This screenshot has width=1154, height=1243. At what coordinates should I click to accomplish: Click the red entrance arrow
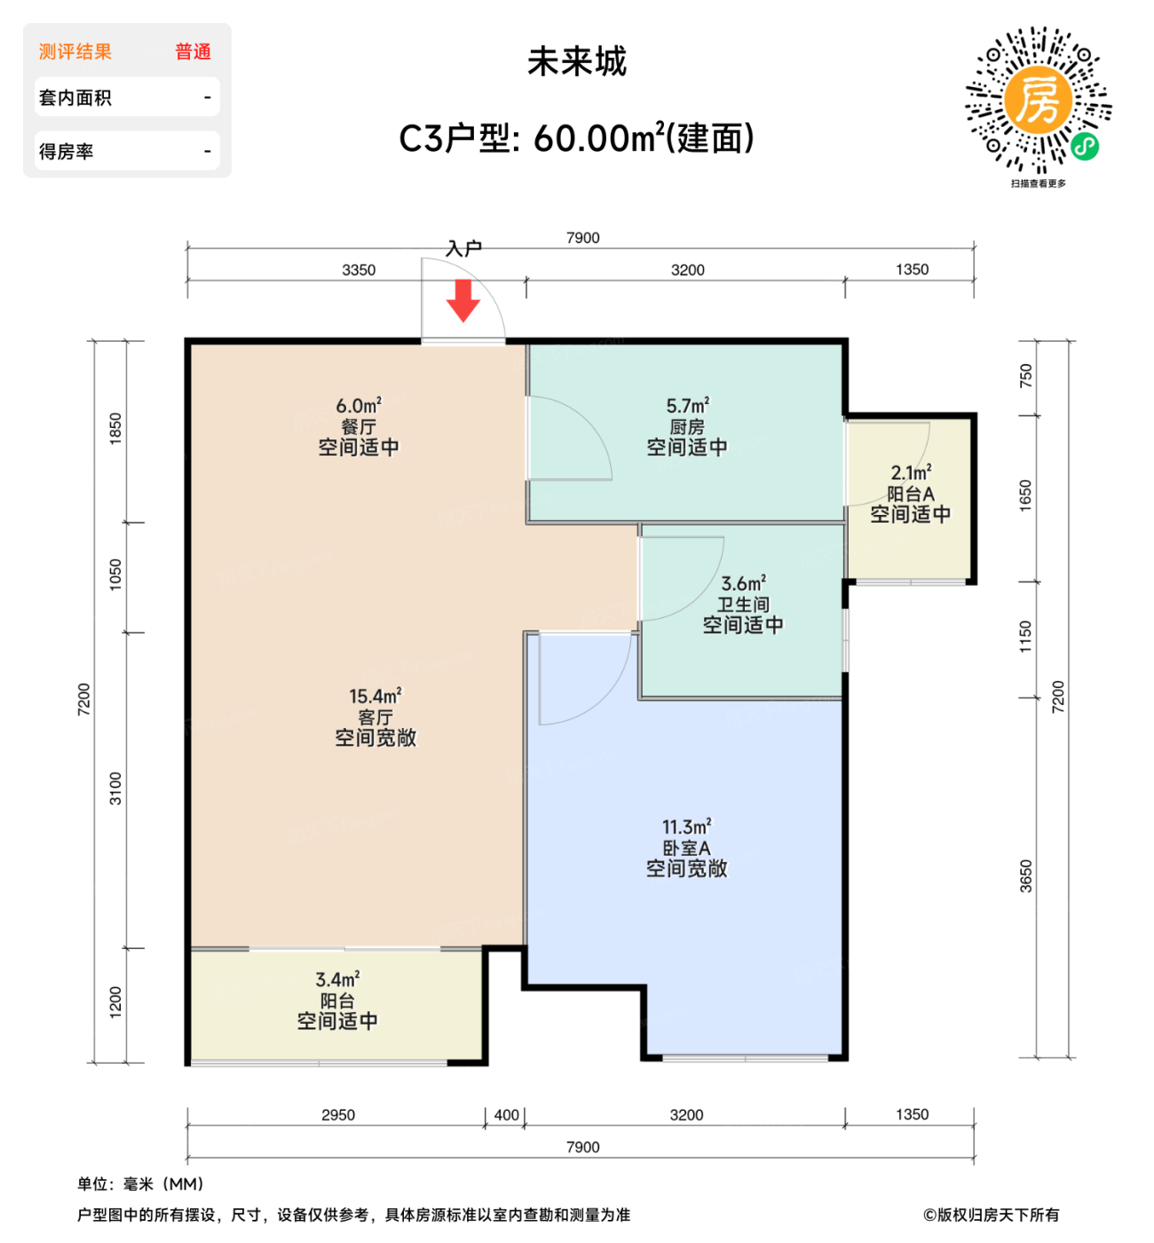462,300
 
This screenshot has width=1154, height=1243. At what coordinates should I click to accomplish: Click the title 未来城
577,62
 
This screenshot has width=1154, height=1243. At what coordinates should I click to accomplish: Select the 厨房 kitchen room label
687,427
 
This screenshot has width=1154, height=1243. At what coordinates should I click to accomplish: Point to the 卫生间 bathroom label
743,605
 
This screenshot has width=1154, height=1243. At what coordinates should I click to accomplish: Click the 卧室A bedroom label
686,848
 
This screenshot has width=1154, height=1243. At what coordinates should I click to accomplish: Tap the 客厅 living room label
375,717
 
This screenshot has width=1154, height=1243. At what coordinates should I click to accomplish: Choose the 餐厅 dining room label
359,427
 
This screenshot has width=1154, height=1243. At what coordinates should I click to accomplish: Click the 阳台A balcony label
911,494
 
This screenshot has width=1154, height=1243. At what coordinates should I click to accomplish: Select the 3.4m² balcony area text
337,979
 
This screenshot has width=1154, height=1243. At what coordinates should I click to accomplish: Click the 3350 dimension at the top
359,270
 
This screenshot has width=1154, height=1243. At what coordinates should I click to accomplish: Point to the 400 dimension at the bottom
506,1115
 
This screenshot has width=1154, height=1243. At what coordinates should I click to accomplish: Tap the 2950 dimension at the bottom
338,1115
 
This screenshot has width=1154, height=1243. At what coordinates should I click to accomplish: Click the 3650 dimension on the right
1026,876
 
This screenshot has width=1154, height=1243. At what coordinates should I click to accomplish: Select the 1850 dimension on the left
115,429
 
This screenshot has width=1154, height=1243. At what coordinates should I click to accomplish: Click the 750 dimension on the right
1026,376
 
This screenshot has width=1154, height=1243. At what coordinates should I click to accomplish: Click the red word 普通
193,51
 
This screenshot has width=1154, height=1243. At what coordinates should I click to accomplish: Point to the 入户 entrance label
463,249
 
